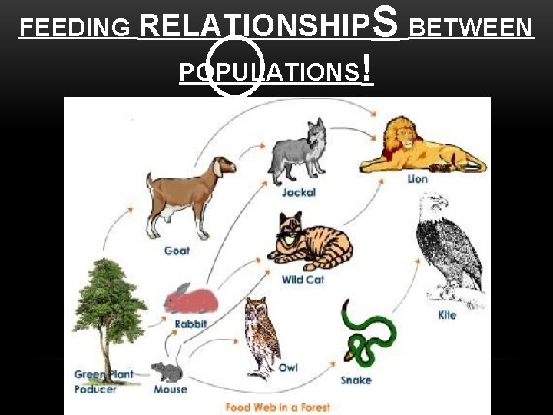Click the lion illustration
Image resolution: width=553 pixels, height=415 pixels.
419,147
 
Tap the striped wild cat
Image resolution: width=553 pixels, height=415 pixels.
308,241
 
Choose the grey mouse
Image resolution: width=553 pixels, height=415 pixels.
167,372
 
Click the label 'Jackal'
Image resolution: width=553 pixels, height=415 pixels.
299,192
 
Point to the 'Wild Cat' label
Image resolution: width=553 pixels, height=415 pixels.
303,280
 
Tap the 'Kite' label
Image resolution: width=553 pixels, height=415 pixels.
447,315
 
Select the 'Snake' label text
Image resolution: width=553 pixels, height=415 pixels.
356,380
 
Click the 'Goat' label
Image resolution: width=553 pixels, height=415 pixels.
177,251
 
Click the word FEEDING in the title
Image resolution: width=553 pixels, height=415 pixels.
75,28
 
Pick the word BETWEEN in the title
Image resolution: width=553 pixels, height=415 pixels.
470,28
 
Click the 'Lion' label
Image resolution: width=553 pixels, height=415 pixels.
418,179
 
